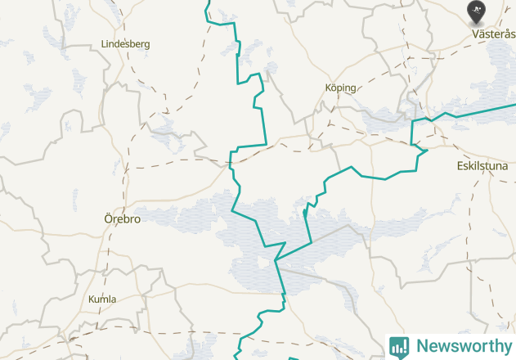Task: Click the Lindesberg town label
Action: coord(125,43)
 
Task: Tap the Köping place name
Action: coord(341,88)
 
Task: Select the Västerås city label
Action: coord(494,34)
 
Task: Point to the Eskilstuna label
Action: coord(482,166)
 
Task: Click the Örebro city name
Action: coord(122,219)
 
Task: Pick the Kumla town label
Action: coord(102,299)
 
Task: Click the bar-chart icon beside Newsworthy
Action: coord(399,346)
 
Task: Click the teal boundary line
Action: coord(263,123)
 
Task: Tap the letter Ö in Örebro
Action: coord(108,219)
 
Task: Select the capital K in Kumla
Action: coord(92,299)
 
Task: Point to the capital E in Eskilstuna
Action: coord(460,166)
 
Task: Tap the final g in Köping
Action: coord(353,88)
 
